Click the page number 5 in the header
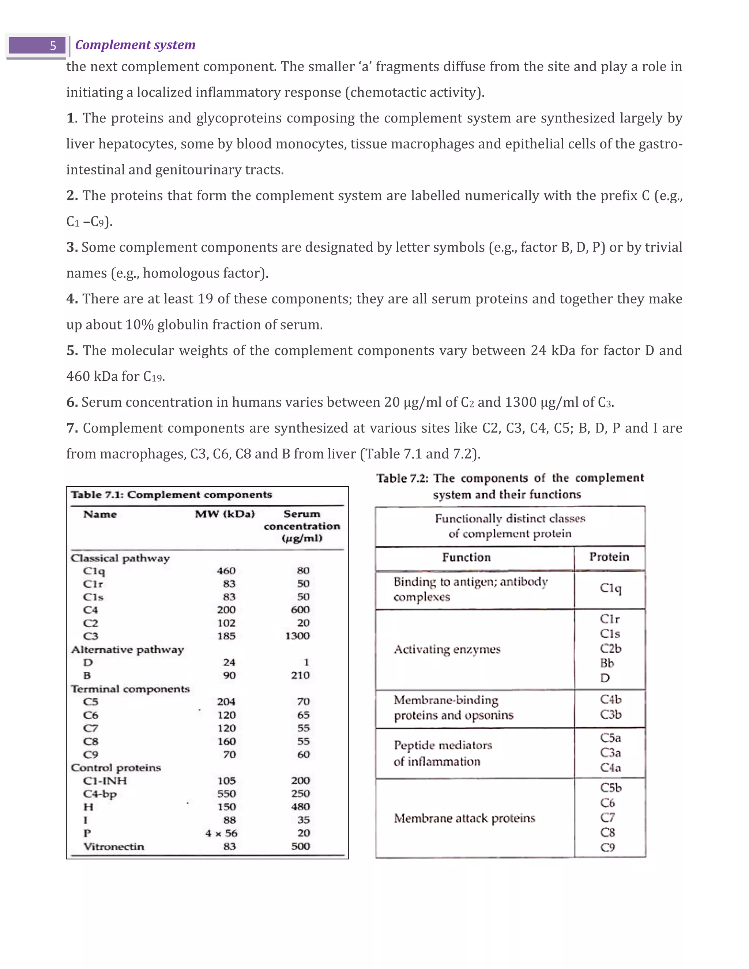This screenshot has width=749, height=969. [53, 46]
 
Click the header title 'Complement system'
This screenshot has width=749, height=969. [135, 45]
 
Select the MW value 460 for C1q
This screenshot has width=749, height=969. [226, 570]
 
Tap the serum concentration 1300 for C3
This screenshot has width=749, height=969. [297, 636]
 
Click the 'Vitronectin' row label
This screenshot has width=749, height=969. [114, 846]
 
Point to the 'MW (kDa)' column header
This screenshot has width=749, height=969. [225, 514]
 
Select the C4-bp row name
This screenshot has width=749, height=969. [100, 794]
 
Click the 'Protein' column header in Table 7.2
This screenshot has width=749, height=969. [609, 557]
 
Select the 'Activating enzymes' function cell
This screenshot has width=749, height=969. [447, 649]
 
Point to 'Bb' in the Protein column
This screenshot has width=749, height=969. [607, 663]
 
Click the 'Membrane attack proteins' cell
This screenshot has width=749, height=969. [464, 818]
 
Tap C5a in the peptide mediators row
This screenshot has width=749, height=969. [610, 738]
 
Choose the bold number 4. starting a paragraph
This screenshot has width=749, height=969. [72, 299]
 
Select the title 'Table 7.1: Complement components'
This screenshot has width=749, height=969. [171, 495]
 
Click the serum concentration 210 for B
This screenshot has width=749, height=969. [300, 675]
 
